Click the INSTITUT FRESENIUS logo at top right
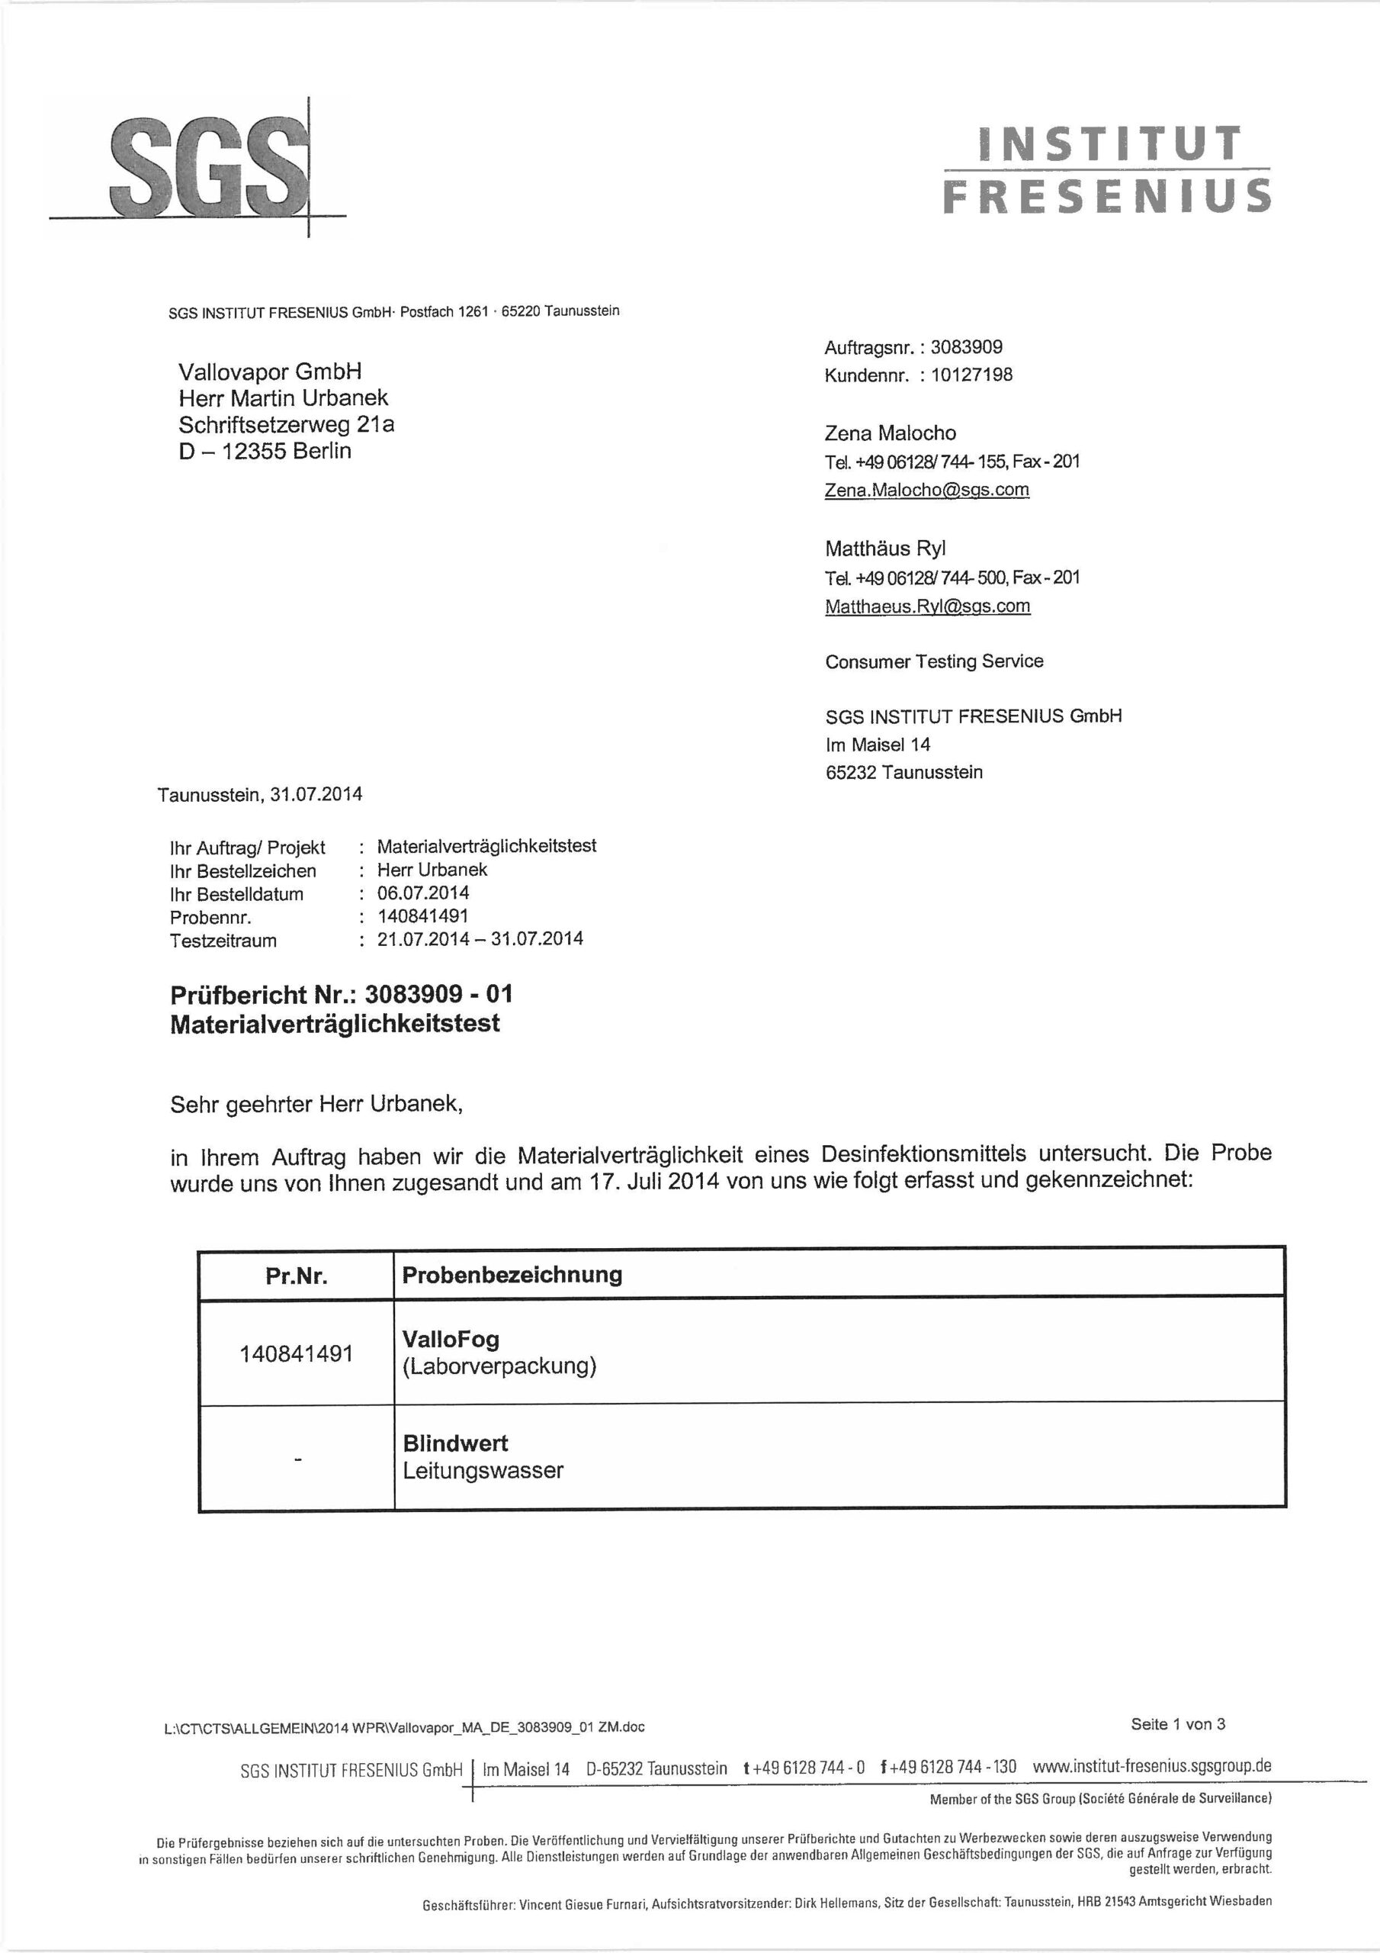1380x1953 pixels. pos(1107,169)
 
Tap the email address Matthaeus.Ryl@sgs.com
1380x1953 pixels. pos(928,606)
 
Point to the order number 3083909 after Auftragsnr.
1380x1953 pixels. pos(966,347)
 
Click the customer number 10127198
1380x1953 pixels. pos(971,375)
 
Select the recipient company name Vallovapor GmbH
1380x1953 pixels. pos(271,372)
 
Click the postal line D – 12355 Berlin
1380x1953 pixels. pos(265,451)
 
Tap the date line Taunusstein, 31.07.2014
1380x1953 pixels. pos(260,794)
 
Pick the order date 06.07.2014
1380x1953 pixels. pos(422,893)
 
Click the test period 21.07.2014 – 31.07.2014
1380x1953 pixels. pos(480,939)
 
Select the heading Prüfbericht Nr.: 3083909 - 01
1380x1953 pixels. pos(341,994)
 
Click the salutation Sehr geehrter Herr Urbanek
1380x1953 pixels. pos(316,1105)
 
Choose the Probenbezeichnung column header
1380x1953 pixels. pos(512,1275)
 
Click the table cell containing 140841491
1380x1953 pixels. pos(296,1353)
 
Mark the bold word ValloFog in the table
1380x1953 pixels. pos(451,1340)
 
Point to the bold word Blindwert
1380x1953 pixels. pos(455,1443)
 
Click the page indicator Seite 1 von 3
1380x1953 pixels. pos(1178,1724)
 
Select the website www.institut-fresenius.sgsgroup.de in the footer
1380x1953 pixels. pos(1151,1766)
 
